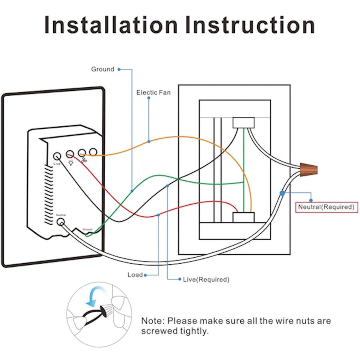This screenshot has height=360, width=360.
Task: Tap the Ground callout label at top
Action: (102, 69)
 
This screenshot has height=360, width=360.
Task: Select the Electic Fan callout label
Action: (153, 92)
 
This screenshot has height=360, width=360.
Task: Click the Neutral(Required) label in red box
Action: (326, 207)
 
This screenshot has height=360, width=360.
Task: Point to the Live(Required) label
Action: (206, 279)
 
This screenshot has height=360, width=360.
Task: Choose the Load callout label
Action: (135, 275)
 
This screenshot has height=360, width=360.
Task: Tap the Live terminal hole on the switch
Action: (57, 156)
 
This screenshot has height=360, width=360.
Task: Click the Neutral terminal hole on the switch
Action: (61, 222)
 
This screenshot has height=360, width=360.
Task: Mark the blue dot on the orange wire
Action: (149, 141)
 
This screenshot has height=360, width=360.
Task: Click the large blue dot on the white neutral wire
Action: (282, 193)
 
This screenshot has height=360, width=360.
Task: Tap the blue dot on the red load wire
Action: (159, 215)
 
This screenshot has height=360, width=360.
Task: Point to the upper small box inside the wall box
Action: (244, 122)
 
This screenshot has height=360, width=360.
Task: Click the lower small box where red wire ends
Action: (244, 217)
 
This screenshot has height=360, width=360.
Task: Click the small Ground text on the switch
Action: (88, 229)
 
